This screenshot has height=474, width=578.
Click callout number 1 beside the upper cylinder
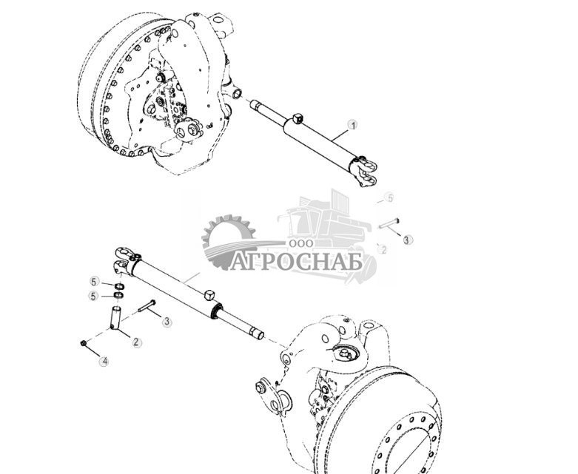(x=353, y=126)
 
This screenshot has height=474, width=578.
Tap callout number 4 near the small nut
(x=104, y=362)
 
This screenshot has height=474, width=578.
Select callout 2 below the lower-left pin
(x=136, y=342)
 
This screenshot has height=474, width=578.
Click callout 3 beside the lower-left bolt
(x=167, y=322)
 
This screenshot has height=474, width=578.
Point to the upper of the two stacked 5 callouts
(x=94, y=282)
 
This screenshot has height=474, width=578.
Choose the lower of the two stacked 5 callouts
(x=94, y=296)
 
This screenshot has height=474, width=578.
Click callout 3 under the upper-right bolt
(x=408, y=240)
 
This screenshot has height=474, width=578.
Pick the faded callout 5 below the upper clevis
(x=390, y=198)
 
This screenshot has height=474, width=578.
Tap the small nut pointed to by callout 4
(x=83, y=343)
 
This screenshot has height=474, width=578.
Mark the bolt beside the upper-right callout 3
(x=389, y=223)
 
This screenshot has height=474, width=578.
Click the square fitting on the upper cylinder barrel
(x=298, y=118)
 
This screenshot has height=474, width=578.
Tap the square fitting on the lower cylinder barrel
(x=209, y=295)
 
